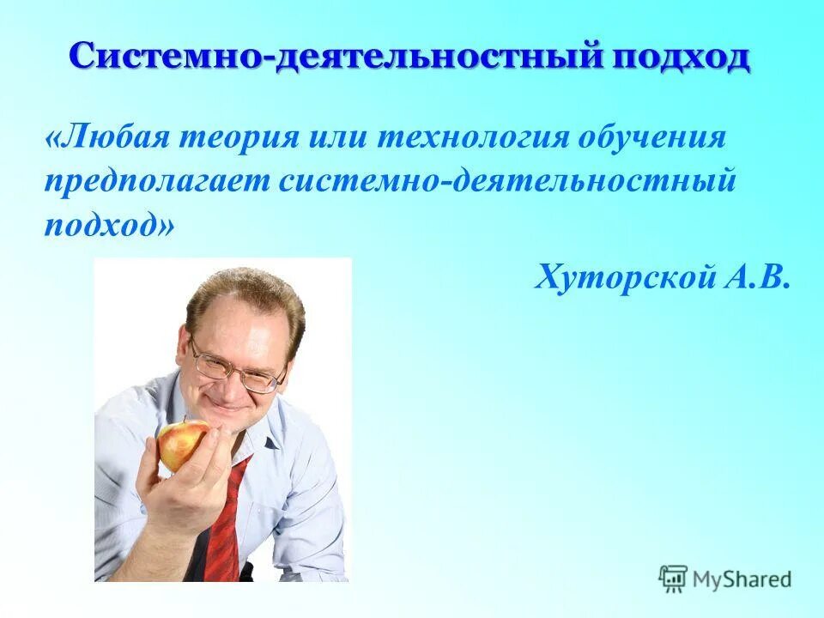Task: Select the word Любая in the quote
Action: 109,136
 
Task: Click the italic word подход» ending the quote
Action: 109,225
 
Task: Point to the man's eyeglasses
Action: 235,369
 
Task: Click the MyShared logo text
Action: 742,579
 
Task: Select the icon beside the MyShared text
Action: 673,579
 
